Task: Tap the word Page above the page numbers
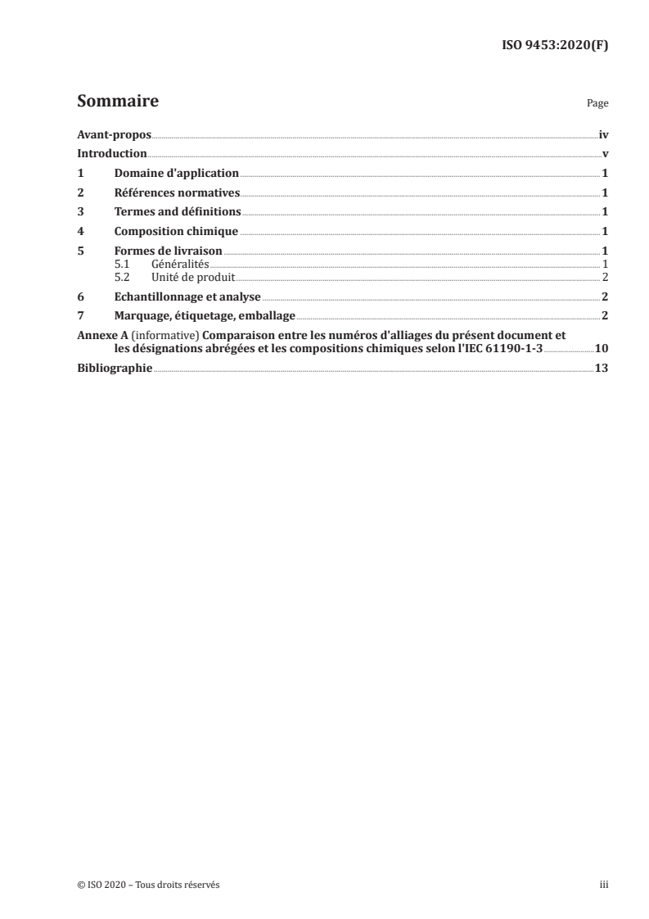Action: point(597,104)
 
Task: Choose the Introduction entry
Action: point(111,154)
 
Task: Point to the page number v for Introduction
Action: point(605,154)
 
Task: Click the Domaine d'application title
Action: point(176,173)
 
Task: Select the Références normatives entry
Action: point(177,192)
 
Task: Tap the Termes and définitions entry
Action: point(178,211)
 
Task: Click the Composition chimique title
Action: point(176,231)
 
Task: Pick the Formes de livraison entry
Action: point(169,251)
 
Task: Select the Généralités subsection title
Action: point(180,264)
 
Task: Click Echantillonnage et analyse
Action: point(187,296)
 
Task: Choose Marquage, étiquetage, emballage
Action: point(205,315)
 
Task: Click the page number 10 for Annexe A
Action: point(601,348)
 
